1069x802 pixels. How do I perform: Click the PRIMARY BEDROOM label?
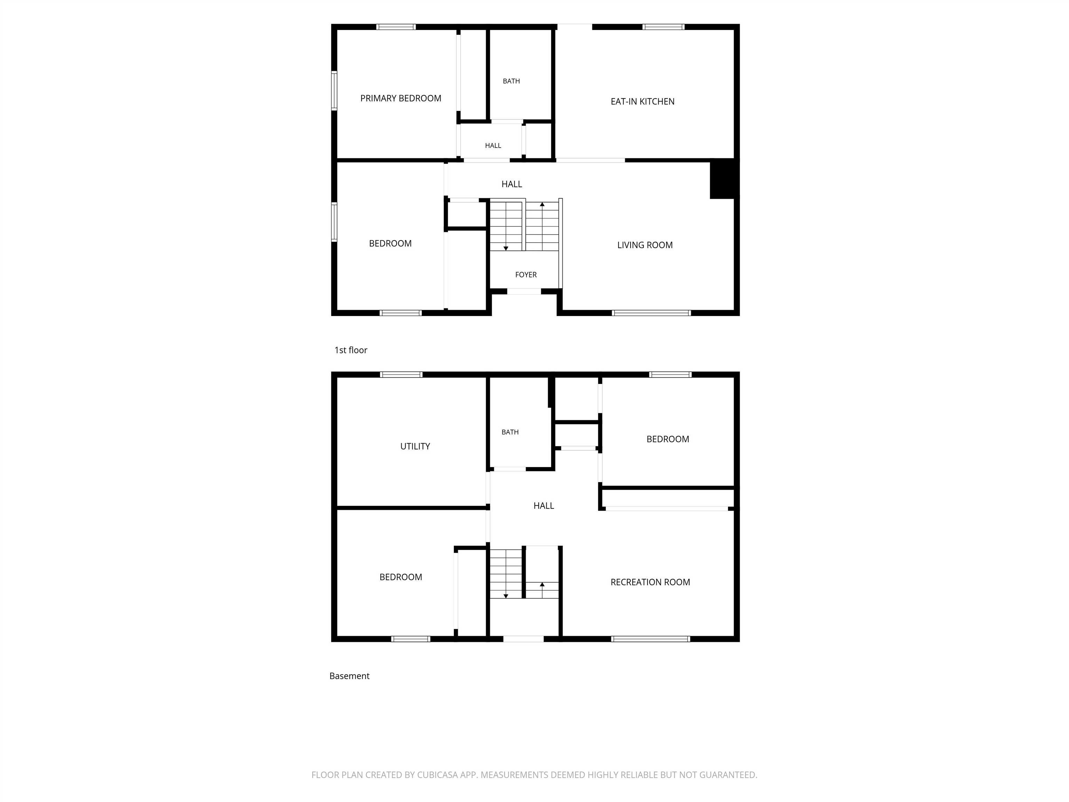[x=401, y=98]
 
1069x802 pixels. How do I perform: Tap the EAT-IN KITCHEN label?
[x=642, y=102]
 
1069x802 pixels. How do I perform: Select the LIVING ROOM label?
[x=645, y=245]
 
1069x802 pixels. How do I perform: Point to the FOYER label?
[x=526, y=275]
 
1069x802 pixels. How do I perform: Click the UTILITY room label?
[x=415, y=446]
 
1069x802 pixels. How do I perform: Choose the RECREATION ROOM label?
[x=650, y=582]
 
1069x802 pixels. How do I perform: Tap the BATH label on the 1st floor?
[x=511, y=81]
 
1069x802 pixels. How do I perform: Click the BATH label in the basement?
[x=510, y=432]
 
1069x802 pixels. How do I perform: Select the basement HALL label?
[x=544, y=506]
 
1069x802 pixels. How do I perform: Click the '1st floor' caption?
[x=351, y=350]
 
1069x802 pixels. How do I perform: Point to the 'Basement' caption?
[x=349, y=676]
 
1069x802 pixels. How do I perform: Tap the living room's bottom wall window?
[x=651, y=313]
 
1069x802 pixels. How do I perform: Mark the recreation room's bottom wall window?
[x=650, y=639]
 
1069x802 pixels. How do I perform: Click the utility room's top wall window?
[x=401, y=375]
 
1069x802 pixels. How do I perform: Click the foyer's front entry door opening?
[x=524, y=291]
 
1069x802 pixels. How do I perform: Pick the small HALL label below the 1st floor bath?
[x=493, y=146]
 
